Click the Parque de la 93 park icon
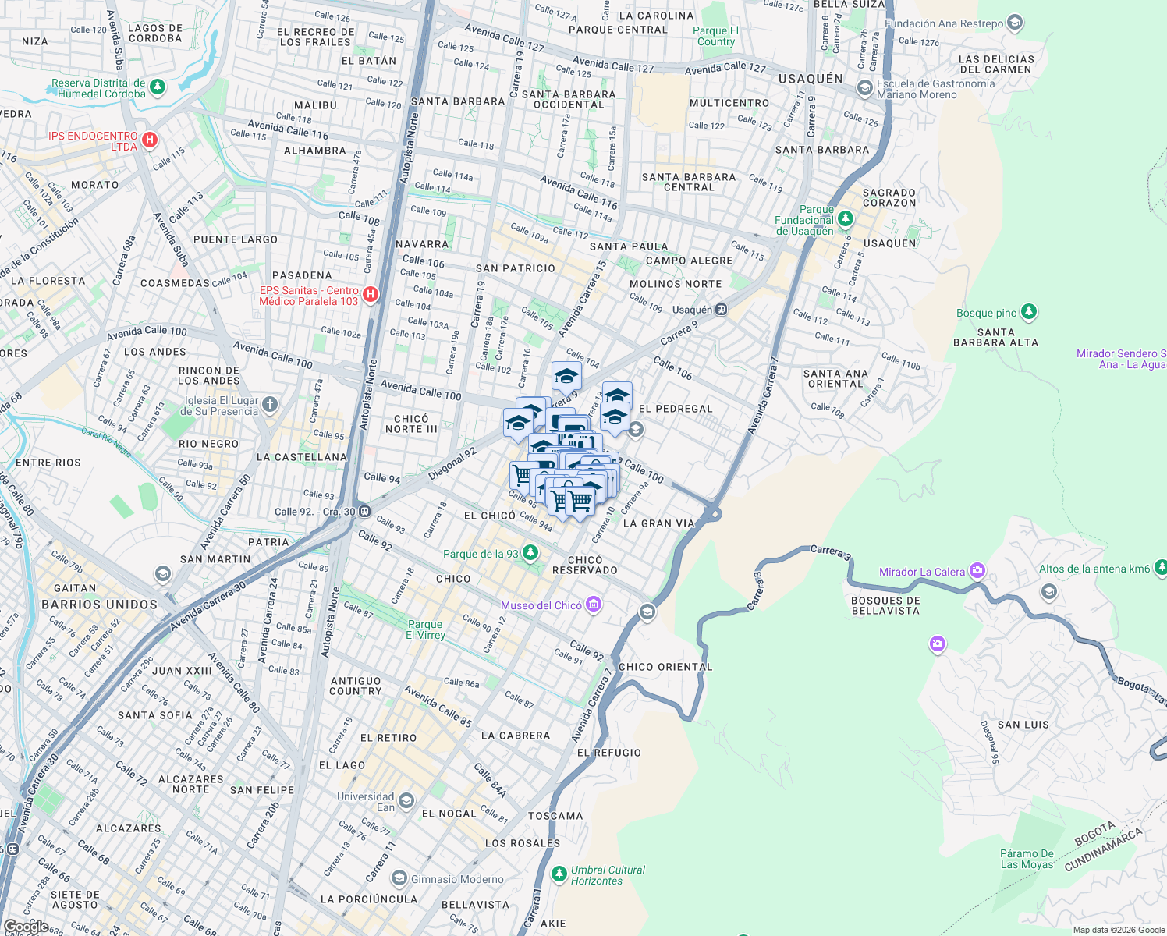[x=530, y=553]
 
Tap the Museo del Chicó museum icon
[x=594, y=604]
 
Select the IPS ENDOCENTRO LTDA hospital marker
[x=150, y=140]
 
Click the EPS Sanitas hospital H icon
[x=371, y=295]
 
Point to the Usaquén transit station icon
[x=722, y=310]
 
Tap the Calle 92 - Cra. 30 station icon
[x=364, y=512]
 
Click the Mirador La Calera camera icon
[x=977, y=571]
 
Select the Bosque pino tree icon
[x=1028, y=313]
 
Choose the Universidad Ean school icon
[x=406, y=801]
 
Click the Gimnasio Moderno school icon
[x=399, y=879]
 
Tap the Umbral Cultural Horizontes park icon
[x=559, y=874]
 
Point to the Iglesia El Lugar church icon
[x=269, y=404]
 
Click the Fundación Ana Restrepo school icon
[x=1014, y=23]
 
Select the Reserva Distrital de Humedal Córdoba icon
[x=158, y=87]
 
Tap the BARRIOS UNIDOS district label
[x=99, y=604]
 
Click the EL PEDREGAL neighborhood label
[x=676, y=409]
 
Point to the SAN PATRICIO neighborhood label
[x=516, y=268]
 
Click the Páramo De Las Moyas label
[x=1027, y=859]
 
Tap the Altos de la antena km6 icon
[x=1160, y=568]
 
